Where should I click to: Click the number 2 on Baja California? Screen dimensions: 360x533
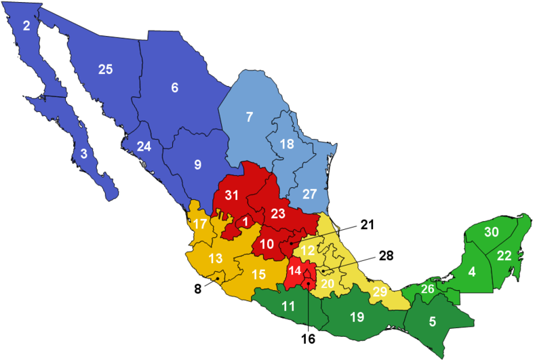(x=26, y=26)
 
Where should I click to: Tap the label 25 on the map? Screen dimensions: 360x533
(x=104, y=68)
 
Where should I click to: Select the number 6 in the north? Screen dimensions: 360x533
(x=174, y=87)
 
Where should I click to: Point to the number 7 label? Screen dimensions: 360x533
(x=249, y=117)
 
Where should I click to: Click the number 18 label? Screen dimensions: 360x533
(x=287, y=144)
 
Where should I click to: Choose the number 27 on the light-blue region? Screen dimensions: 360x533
(x=309, y=194)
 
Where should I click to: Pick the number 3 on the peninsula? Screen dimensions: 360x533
(x=83, y=154)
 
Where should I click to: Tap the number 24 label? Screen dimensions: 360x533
(x=144, y=146)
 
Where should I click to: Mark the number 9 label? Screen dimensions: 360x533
(x=197, y=164)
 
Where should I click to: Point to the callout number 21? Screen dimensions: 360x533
(x=367, y=225)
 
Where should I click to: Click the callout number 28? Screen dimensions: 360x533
(x=386, y=256)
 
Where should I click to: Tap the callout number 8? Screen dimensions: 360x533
(x=198, y=287)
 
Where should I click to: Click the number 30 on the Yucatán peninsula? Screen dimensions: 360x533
(x=491, y=232)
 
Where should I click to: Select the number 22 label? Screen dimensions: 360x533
(x=504, y=256)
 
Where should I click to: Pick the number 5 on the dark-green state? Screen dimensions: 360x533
(x=433, y=322)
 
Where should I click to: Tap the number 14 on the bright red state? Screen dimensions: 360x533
(x=294, y=271)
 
